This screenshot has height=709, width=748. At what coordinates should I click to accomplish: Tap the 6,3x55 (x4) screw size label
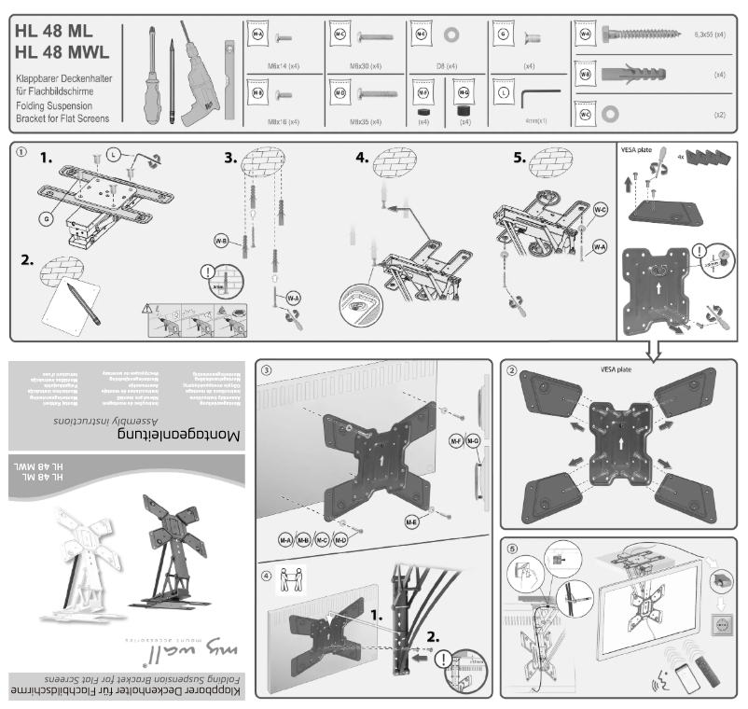(x=711, y=35)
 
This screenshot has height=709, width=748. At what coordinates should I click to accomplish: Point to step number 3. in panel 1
(x=230, y=159)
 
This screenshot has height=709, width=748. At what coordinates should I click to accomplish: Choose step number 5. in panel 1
(x=492, y=159)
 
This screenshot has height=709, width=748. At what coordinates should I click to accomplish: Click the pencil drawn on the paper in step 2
(x=82, y=300)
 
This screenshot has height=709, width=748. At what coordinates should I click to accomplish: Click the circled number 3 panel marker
(x=267, y=370)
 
